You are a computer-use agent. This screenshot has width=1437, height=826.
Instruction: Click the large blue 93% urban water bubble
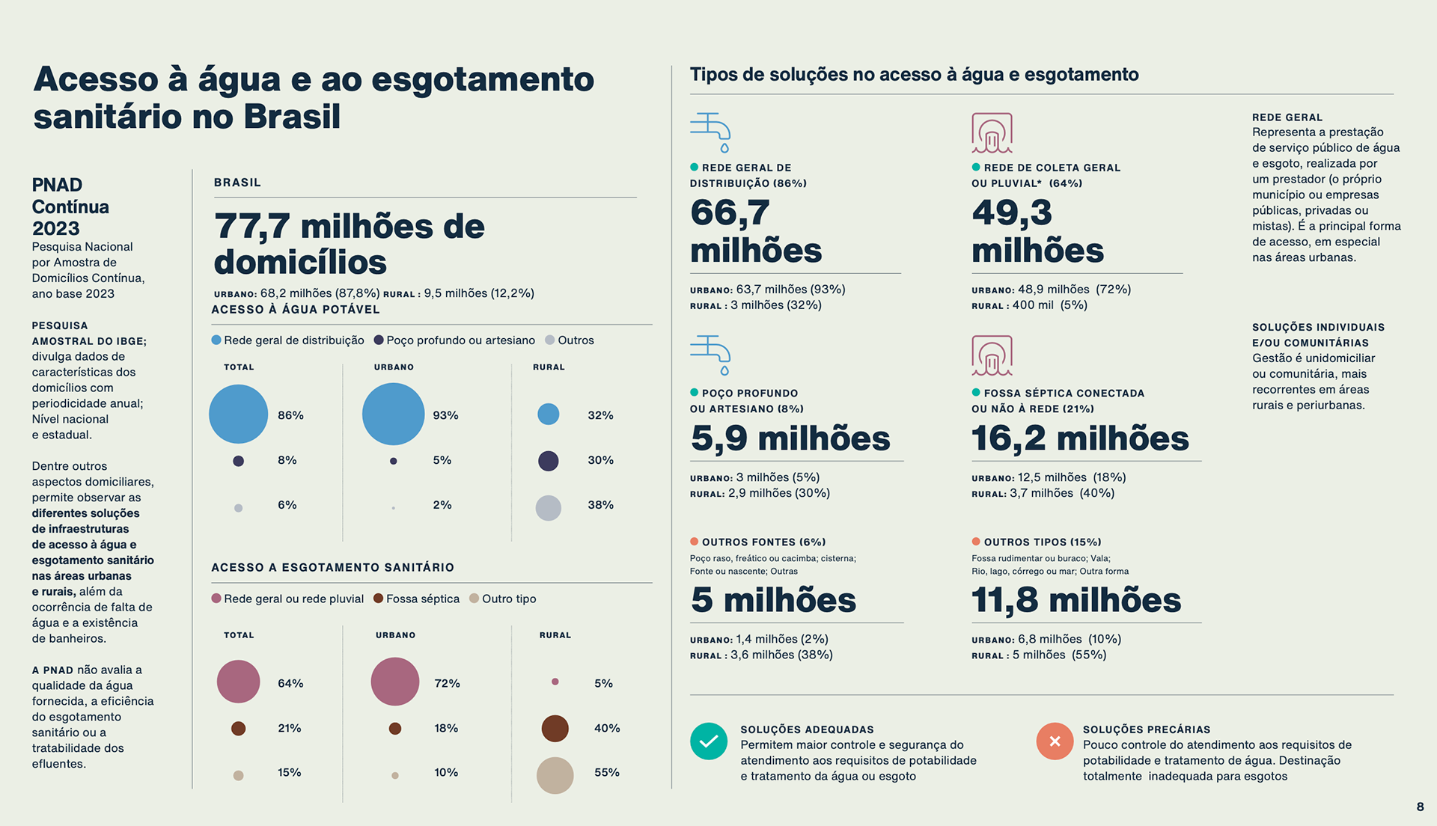393,414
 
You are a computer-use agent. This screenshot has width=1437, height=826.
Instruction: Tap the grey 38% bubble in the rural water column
548,508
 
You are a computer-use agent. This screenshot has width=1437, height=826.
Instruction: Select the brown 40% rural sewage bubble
555,728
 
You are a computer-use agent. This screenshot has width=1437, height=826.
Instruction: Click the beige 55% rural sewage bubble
555,775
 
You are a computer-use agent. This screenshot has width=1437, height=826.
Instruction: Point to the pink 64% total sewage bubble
238,682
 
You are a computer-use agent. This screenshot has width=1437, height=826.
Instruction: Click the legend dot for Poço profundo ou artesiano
379,340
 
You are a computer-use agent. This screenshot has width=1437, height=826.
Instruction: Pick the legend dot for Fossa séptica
378,599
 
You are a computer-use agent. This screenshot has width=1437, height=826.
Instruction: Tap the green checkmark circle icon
708,741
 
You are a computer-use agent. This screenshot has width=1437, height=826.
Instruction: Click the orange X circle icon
1055,741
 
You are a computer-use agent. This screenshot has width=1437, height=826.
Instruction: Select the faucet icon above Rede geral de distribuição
710,132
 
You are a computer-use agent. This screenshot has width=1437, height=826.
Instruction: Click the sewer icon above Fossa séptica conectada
992,355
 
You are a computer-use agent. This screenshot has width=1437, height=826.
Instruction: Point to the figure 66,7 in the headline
729,212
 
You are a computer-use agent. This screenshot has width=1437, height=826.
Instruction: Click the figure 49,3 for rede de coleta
1011,212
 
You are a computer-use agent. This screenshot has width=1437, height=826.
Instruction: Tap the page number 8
1420,807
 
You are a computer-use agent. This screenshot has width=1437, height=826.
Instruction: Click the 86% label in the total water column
290,415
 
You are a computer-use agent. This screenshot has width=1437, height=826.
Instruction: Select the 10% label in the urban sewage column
446,772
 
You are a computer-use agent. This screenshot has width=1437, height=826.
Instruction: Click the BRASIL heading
237,183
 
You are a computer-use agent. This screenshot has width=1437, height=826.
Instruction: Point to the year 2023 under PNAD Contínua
55,228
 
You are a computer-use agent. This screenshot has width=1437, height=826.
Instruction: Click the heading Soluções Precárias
1146,729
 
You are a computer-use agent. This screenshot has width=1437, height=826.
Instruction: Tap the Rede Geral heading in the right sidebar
1287,117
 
